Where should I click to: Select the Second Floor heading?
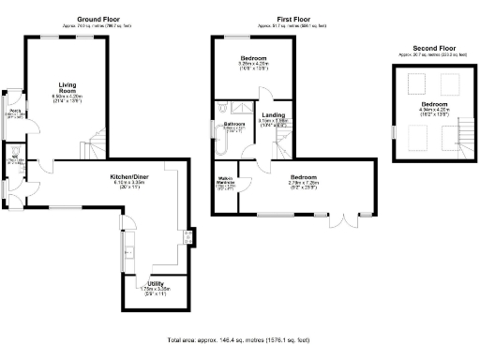pyautogui.click(x=433, y=48)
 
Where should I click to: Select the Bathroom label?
pyautogui.click(x=234, y=124)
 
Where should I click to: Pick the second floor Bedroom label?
pyautogui.click(x=433, y=103)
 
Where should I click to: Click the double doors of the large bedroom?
pyautogui.click(x=344, y=221)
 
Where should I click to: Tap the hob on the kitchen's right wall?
pyautogui.click(x=190, y=235)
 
